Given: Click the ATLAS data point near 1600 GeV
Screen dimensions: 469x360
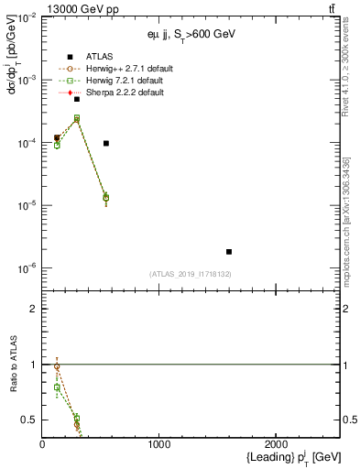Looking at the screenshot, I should [x=229, y=251].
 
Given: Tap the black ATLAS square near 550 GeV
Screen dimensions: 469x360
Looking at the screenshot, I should [x=106, y=143].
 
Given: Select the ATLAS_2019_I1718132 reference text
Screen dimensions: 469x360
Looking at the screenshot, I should [x=190, y=274].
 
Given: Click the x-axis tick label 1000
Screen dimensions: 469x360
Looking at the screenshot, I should [x=159, y=445].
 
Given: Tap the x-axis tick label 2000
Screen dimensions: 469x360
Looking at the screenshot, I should [x=277, y=445].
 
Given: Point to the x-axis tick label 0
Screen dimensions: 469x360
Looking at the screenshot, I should [x=42, y=445].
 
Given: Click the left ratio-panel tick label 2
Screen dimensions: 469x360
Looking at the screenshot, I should [x=34, y=310].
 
